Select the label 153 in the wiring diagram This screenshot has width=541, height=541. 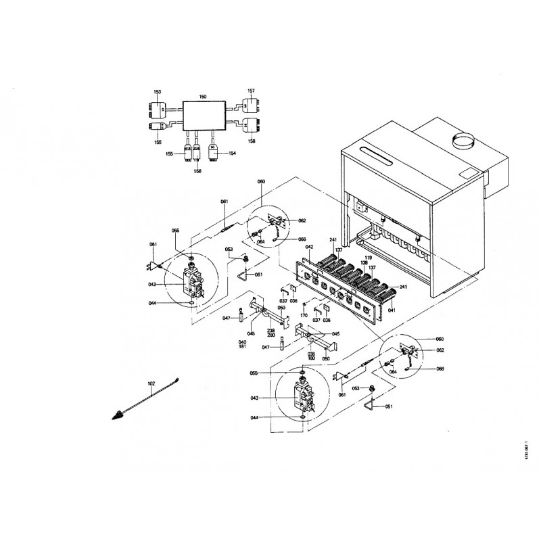[x=157, y=91]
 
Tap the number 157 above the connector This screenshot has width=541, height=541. [x=251, y=90]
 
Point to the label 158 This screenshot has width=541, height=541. [x=252, y=141]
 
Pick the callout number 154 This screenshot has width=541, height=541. [x=233, y=154]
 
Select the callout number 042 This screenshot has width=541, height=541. [x=308, y=248]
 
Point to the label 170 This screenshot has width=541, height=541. [x=304, y=315]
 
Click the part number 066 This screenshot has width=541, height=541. [x=302, y=239]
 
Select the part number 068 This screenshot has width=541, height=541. [x=440, y=369]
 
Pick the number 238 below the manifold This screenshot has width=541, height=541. [x=270, y=331]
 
